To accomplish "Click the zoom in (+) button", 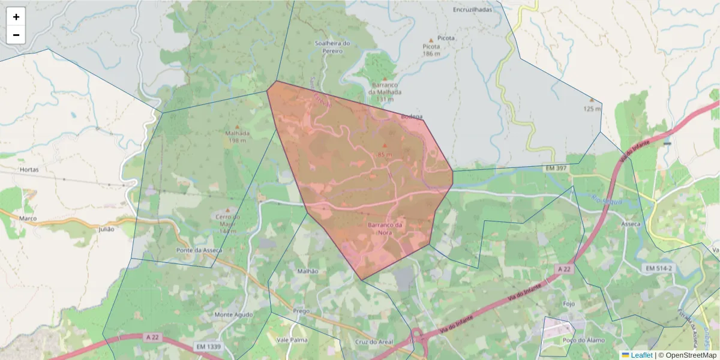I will point(16,17).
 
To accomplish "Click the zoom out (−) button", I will point(16,35).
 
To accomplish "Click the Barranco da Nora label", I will point(385,228).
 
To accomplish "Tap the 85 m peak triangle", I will point(385,145).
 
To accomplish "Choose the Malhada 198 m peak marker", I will point(237,127).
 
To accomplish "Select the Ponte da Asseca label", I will point(199,250).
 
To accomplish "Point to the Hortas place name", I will point(29,170).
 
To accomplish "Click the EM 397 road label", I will point(556,169).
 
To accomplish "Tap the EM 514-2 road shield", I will point(658,268).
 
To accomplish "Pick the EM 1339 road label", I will point(208,347).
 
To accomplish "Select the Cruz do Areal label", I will point(374,342).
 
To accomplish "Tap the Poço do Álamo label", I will point(578,340).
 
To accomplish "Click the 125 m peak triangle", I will point(592,100).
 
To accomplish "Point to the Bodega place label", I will point(412,116).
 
